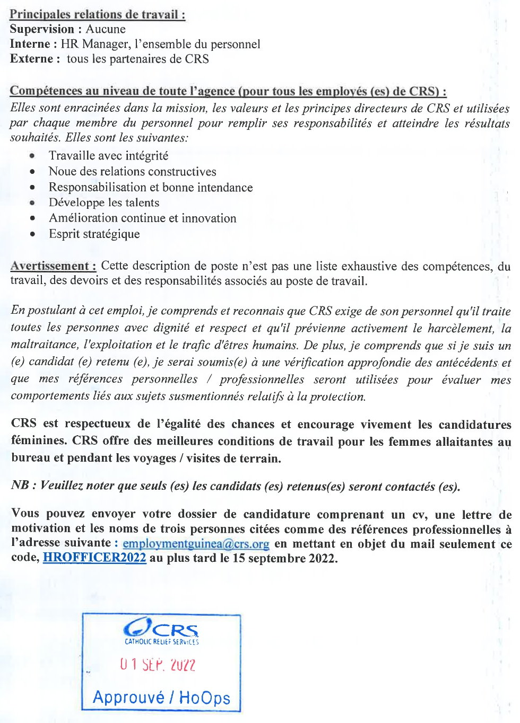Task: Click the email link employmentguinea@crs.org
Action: pos(196,544)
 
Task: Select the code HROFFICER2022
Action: pos(94,558)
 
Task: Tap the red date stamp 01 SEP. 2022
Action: pos(158,664)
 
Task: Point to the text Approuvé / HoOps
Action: pos(161,698)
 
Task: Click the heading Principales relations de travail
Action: pos(98,14)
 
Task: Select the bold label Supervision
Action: pos(42,29)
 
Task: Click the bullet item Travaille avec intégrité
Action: pos(108,156)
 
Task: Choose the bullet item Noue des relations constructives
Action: pos(132,172)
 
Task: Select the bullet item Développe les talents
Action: pos(103,202)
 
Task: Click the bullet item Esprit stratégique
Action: pos(94,234)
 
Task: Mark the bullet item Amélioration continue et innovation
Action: pos(142,218)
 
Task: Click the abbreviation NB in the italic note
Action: pos(20,486)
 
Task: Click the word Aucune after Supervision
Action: pos(106,29)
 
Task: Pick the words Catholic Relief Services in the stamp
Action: pos(161,641)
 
